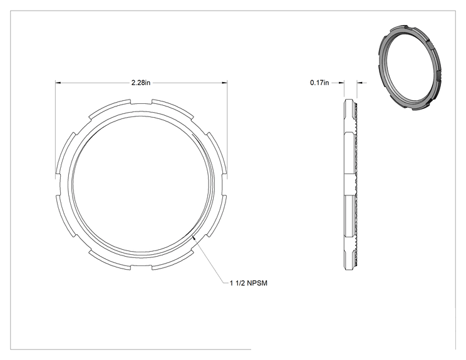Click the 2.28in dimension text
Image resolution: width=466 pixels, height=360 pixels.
(x=141, y=83)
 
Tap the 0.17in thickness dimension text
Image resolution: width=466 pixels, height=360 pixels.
(x=319, y=83)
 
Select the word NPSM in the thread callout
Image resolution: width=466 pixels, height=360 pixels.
(x=257, y=283)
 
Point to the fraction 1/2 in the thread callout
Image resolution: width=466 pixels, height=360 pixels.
(x=239, y=283)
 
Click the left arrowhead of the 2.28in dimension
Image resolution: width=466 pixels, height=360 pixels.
(x=58, y=83)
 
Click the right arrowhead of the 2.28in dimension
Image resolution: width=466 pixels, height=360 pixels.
(x=225, y=83)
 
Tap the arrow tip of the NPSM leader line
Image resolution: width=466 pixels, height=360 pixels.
(x=193, y=235)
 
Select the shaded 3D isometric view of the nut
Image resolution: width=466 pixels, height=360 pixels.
(x=410, y=68)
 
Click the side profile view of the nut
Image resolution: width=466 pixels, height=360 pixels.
(x=351, y=185)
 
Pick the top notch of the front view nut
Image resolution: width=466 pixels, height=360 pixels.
(x=141, y=102)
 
